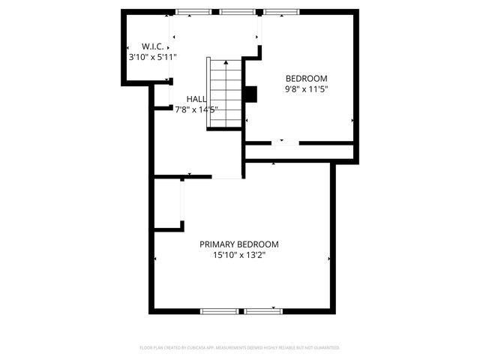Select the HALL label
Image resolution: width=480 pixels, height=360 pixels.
pos(196,99)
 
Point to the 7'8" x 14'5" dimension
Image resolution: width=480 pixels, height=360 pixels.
pos(196,109)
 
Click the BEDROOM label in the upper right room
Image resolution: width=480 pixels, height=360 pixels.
pos(307,78)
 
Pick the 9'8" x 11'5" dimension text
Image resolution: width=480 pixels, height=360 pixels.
pos(307,89)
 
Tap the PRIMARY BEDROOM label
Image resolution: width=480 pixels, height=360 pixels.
pos(239,244)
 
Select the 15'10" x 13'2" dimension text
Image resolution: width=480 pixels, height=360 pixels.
pos(239,255)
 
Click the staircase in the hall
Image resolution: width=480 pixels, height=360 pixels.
pos(226,93)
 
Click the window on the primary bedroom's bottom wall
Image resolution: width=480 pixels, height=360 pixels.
pos(241,310)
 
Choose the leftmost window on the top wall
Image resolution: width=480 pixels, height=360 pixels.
pos(193,12)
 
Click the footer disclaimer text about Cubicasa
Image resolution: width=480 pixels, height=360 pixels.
pos(240,348)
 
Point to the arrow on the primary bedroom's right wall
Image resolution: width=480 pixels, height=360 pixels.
pos(329,259)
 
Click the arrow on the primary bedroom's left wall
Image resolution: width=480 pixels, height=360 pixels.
pos(155,259)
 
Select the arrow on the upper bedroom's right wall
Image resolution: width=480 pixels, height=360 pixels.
pos(352,120)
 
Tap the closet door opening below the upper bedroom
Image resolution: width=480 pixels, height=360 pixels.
pos(283,142)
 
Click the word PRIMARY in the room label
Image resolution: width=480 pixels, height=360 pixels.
pos(217,244)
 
